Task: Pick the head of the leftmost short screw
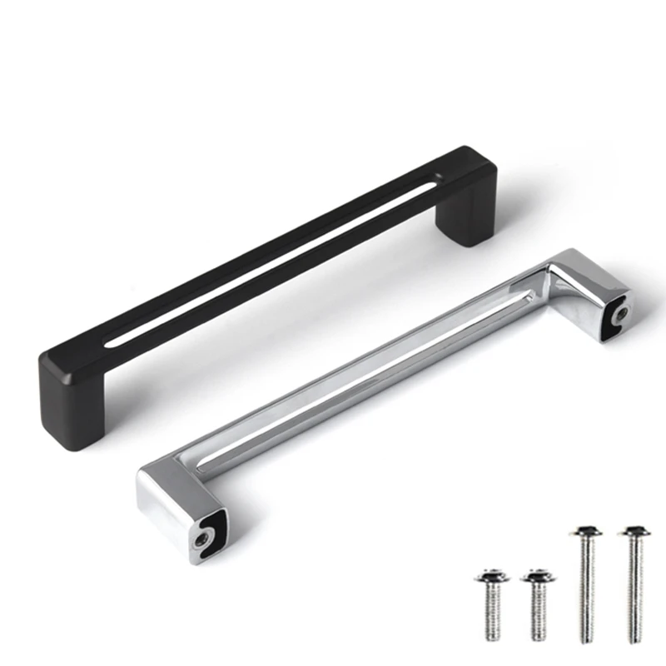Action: coord(491,577)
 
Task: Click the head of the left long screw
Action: coord(589,530)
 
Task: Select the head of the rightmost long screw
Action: coord(635,530)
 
